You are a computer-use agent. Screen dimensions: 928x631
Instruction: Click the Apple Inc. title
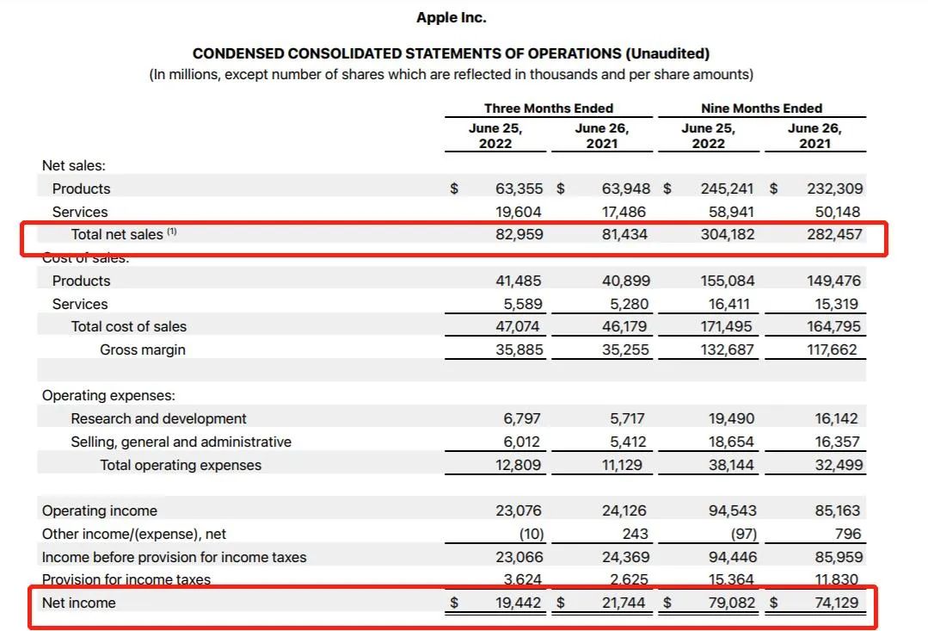[x=451, y=17]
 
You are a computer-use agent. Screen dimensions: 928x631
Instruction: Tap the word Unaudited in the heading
[x=667, y=53]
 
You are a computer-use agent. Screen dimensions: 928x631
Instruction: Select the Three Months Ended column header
[x=549, y=108]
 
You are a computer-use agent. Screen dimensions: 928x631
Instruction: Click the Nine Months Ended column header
[x=762, y=108]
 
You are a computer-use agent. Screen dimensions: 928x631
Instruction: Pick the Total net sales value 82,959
[x=519, y=235]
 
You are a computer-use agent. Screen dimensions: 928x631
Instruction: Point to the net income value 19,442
[x=519, y=603]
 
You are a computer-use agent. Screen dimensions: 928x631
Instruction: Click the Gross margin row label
[x=143, y=350]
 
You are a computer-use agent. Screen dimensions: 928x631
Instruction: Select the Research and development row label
[x=158, y=419]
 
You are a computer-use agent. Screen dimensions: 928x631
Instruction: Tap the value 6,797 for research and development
[x=522, y=419]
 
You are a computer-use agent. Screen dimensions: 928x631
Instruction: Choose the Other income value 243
[x=635, y=535]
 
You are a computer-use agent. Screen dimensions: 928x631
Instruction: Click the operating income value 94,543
[x=732, y=510]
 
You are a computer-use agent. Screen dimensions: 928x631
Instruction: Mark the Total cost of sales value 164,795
[x=834, y=326]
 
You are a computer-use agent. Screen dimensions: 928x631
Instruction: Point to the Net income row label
[x=79, y=603]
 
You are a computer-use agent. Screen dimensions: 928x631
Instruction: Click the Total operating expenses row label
[x=181, y=465]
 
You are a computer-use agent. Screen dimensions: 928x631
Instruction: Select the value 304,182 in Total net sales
[x=728, y=235]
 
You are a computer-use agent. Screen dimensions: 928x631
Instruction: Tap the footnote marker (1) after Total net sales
[x=172, y=232]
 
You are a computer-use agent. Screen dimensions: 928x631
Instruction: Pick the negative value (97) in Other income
[x=744, y=535]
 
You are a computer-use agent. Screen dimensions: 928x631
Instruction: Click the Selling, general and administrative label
[x=181, y=442]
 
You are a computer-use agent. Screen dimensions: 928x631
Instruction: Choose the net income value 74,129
[x=836, y=603]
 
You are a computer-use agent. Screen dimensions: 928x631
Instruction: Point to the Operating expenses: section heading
[x=108, y=396]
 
